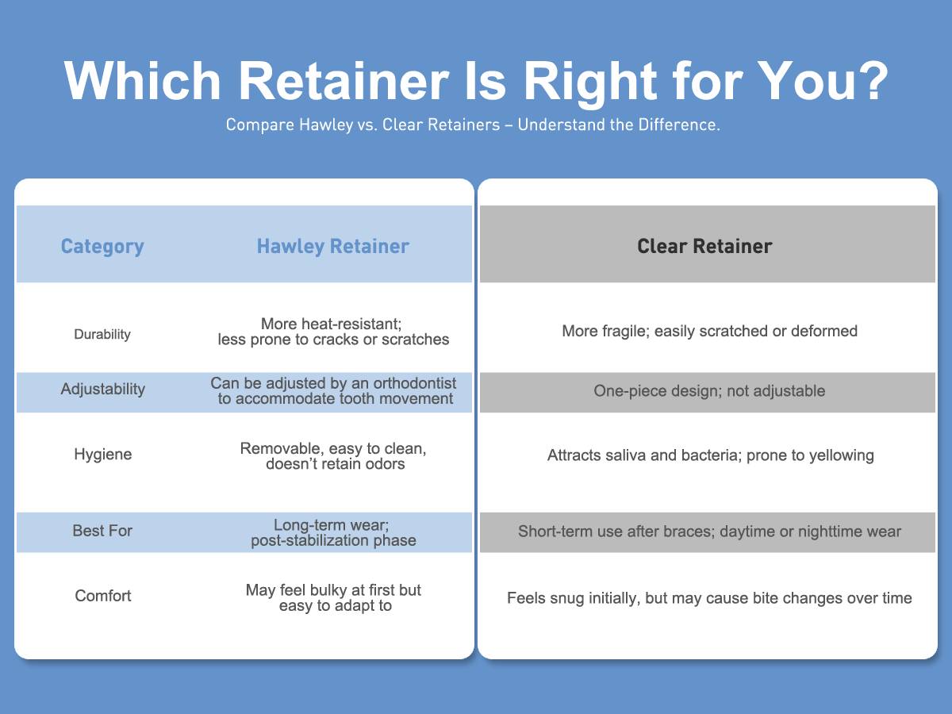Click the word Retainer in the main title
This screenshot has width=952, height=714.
344,81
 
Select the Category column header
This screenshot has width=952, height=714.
102,246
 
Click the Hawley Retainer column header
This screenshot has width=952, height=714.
333,246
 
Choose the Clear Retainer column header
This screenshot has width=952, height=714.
704,246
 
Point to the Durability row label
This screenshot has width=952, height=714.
102,334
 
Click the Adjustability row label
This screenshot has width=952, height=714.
103,389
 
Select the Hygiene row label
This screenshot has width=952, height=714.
103,455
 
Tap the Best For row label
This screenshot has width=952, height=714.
102,531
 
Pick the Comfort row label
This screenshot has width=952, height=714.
103,596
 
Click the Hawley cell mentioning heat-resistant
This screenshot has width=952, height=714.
333,332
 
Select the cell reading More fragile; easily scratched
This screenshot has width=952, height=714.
709,331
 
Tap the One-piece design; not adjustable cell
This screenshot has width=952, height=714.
709,391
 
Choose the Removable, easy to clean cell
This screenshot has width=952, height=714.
333,456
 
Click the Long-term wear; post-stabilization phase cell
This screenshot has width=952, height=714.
333,533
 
